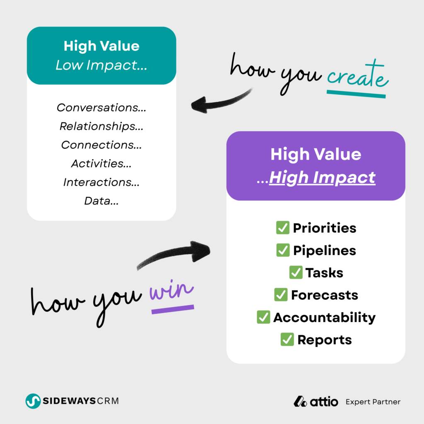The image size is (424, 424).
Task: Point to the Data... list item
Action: [x=101, y=201]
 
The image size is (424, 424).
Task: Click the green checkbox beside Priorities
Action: [x=283, y=228]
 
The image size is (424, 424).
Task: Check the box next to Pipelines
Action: [x=283, y=250]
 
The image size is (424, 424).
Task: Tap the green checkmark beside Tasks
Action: [x=296, y=272]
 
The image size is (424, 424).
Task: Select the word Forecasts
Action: [x=325, y=295]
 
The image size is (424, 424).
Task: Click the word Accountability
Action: [x=325, y=318]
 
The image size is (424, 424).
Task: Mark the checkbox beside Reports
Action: [x=287, y=340]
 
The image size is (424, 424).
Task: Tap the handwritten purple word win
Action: [x=171, y=291]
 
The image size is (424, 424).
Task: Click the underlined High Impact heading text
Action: [x=322, y=178]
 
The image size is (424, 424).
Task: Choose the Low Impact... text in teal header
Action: [x=101, y=65]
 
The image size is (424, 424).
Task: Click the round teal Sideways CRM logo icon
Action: [x=33, y=401]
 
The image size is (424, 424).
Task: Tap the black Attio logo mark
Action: [x=300, y=402]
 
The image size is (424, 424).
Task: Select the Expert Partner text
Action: [x=373, y=402]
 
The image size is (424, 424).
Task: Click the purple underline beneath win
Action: [x=173, y=309]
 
